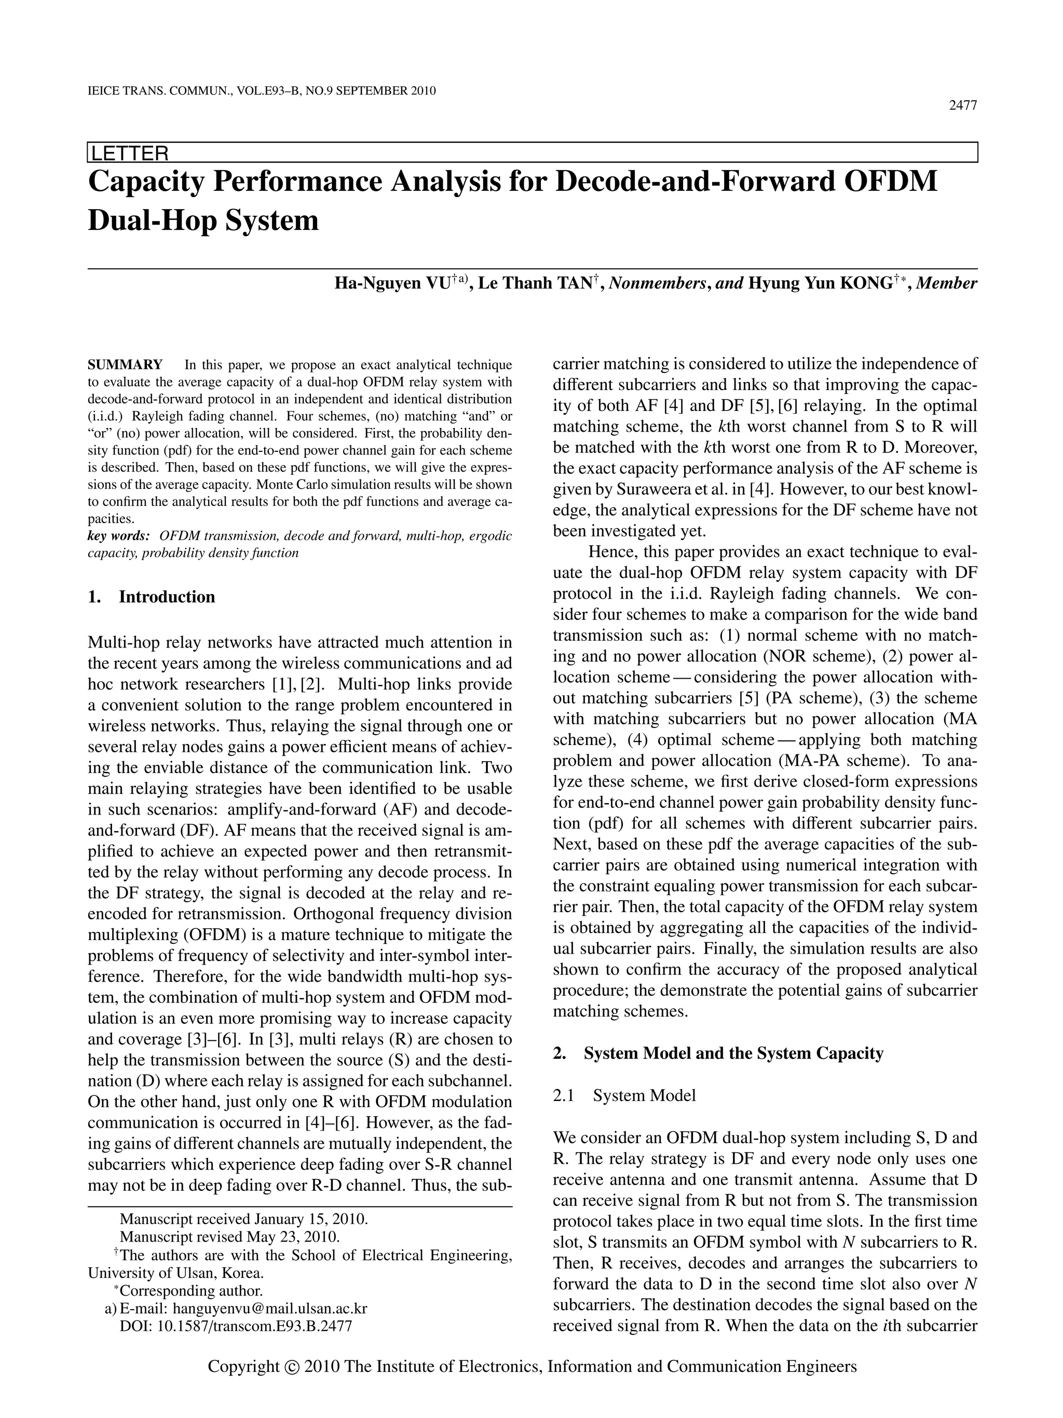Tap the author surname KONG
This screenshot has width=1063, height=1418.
862,283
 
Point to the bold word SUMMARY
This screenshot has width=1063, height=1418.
125,365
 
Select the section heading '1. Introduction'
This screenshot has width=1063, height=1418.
152,597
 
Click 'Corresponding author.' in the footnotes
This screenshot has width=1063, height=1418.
191,1291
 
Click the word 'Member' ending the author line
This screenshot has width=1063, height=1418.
947,283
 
